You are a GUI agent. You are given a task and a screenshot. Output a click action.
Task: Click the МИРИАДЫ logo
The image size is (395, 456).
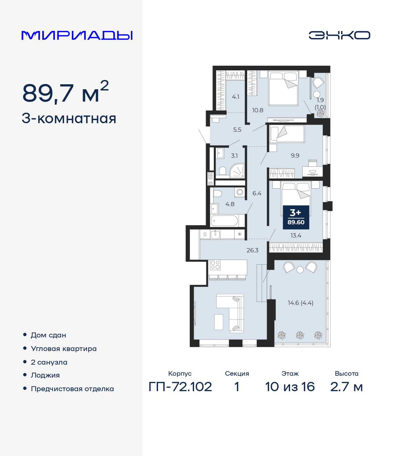(x=77, y=35)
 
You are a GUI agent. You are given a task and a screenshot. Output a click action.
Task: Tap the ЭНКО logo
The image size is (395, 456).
(x=339, y=35)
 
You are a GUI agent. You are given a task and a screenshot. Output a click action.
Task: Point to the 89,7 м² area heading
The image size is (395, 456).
(x=65, y=92)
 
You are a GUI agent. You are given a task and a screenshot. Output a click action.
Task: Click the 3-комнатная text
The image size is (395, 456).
(x=69, y=119)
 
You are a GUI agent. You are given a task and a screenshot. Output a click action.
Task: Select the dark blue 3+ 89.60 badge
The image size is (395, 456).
(x=296, y=217)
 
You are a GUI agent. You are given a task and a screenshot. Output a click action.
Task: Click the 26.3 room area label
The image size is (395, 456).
(x=252, y=250)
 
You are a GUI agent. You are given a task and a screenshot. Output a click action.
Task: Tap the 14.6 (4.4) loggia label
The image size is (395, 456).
(x=300, y=303)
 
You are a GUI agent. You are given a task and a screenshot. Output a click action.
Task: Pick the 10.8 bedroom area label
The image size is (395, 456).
(x=258, y=110)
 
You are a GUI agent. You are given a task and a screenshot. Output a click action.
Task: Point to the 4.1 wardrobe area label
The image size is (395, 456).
(x=235, y=97)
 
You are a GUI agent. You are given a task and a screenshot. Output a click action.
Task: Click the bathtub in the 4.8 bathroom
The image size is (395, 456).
(x=225, y=221)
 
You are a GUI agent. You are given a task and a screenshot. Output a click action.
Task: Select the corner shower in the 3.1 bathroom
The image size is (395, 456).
(x=237, y=170)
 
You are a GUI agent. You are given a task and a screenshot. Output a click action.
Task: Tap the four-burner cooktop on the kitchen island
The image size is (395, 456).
(x=215, y=265)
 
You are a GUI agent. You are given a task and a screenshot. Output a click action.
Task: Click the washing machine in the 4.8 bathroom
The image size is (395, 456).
(x=240, y=192)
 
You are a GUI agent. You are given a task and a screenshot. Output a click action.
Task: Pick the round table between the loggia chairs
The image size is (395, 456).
(x=300, y=270)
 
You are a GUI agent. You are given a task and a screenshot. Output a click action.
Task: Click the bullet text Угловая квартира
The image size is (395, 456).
(x=64, y=349)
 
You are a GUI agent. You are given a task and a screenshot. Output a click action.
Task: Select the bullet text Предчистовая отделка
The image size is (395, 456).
(x=72, y=389)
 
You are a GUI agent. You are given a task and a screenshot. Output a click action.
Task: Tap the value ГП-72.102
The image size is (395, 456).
(x=180, y=387)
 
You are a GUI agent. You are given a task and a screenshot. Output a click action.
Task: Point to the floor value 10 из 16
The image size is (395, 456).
(x=290, y=387)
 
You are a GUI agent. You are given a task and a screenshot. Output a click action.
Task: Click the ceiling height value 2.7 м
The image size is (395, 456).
(x=346, y=387)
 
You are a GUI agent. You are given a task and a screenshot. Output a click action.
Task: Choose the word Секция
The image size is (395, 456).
(x=237, y=374)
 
